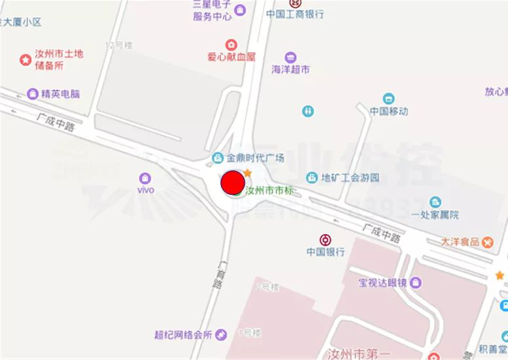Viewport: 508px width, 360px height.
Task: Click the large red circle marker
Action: [233, 183]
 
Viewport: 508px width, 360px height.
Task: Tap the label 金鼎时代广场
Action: [255, 158]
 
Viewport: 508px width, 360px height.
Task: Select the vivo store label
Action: [145, 190]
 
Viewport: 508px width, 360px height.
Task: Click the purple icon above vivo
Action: [145, 177]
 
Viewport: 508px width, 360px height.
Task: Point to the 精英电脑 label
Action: [60, 94]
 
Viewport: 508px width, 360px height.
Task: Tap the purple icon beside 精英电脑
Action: [33, 94]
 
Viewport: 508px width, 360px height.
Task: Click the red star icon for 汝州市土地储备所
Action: [25, 60]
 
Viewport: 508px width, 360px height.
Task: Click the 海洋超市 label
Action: [290, 69]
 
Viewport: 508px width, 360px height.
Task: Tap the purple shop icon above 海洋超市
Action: [290, 57]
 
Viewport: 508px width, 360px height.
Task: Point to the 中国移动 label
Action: [388, 111]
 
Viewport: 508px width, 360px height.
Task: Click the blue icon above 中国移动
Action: [388, 99]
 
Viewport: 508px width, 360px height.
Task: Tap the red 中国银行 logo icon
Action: [325, 239]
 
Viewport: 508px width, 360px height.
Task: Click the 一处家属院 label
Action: [435, 215]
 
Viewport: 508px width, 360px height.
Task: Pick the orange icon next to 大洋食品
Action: [488, 242]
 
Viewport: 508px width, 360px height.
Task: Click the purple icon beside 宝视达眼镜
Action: [416, 283]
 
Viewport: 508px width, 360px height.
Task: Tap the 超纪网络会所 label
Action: [184, 335]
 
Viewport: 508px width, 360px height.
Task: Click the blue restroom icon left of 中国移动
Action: [308, 112]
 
